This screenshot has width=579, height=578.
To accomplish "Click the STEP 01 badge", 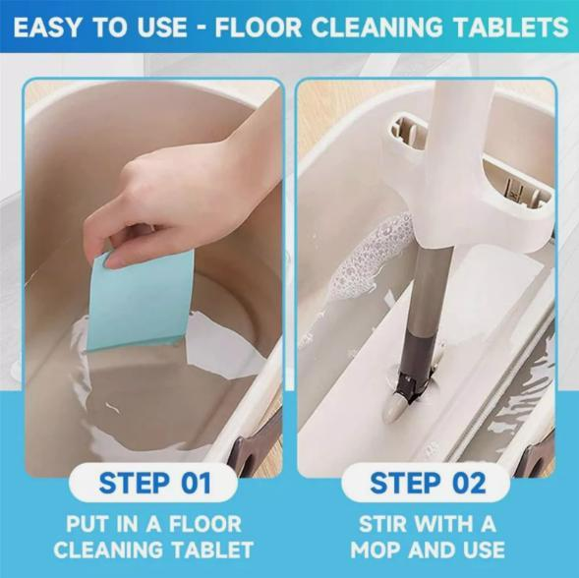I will tap(155, 483).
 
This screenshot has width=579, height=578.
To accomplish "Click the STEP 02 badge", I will tap(427, 483).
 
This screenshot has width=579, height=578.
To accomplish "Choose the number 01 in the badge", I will tap(194, 483).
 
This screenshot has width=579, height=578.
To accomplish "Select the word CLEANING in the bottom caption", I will tap(109, 549).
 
